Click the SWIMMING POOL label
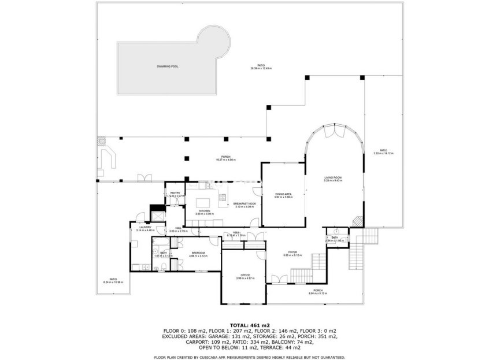[168, 66]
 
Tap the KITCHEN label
[205, 211]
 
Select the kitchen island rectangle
[203, 202]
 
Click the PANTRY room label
[175, 193]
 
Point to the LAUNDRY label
[144, 228]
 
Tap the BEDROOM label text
[198, 253]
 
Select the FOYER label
[293, 253]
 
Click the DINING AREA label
[283, 194]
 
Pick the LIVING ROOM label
[332, 177]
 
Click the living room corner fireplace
[357, 221]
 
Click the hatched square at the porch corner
[101, 140]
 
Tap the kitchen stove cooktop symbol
[223, 198]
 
